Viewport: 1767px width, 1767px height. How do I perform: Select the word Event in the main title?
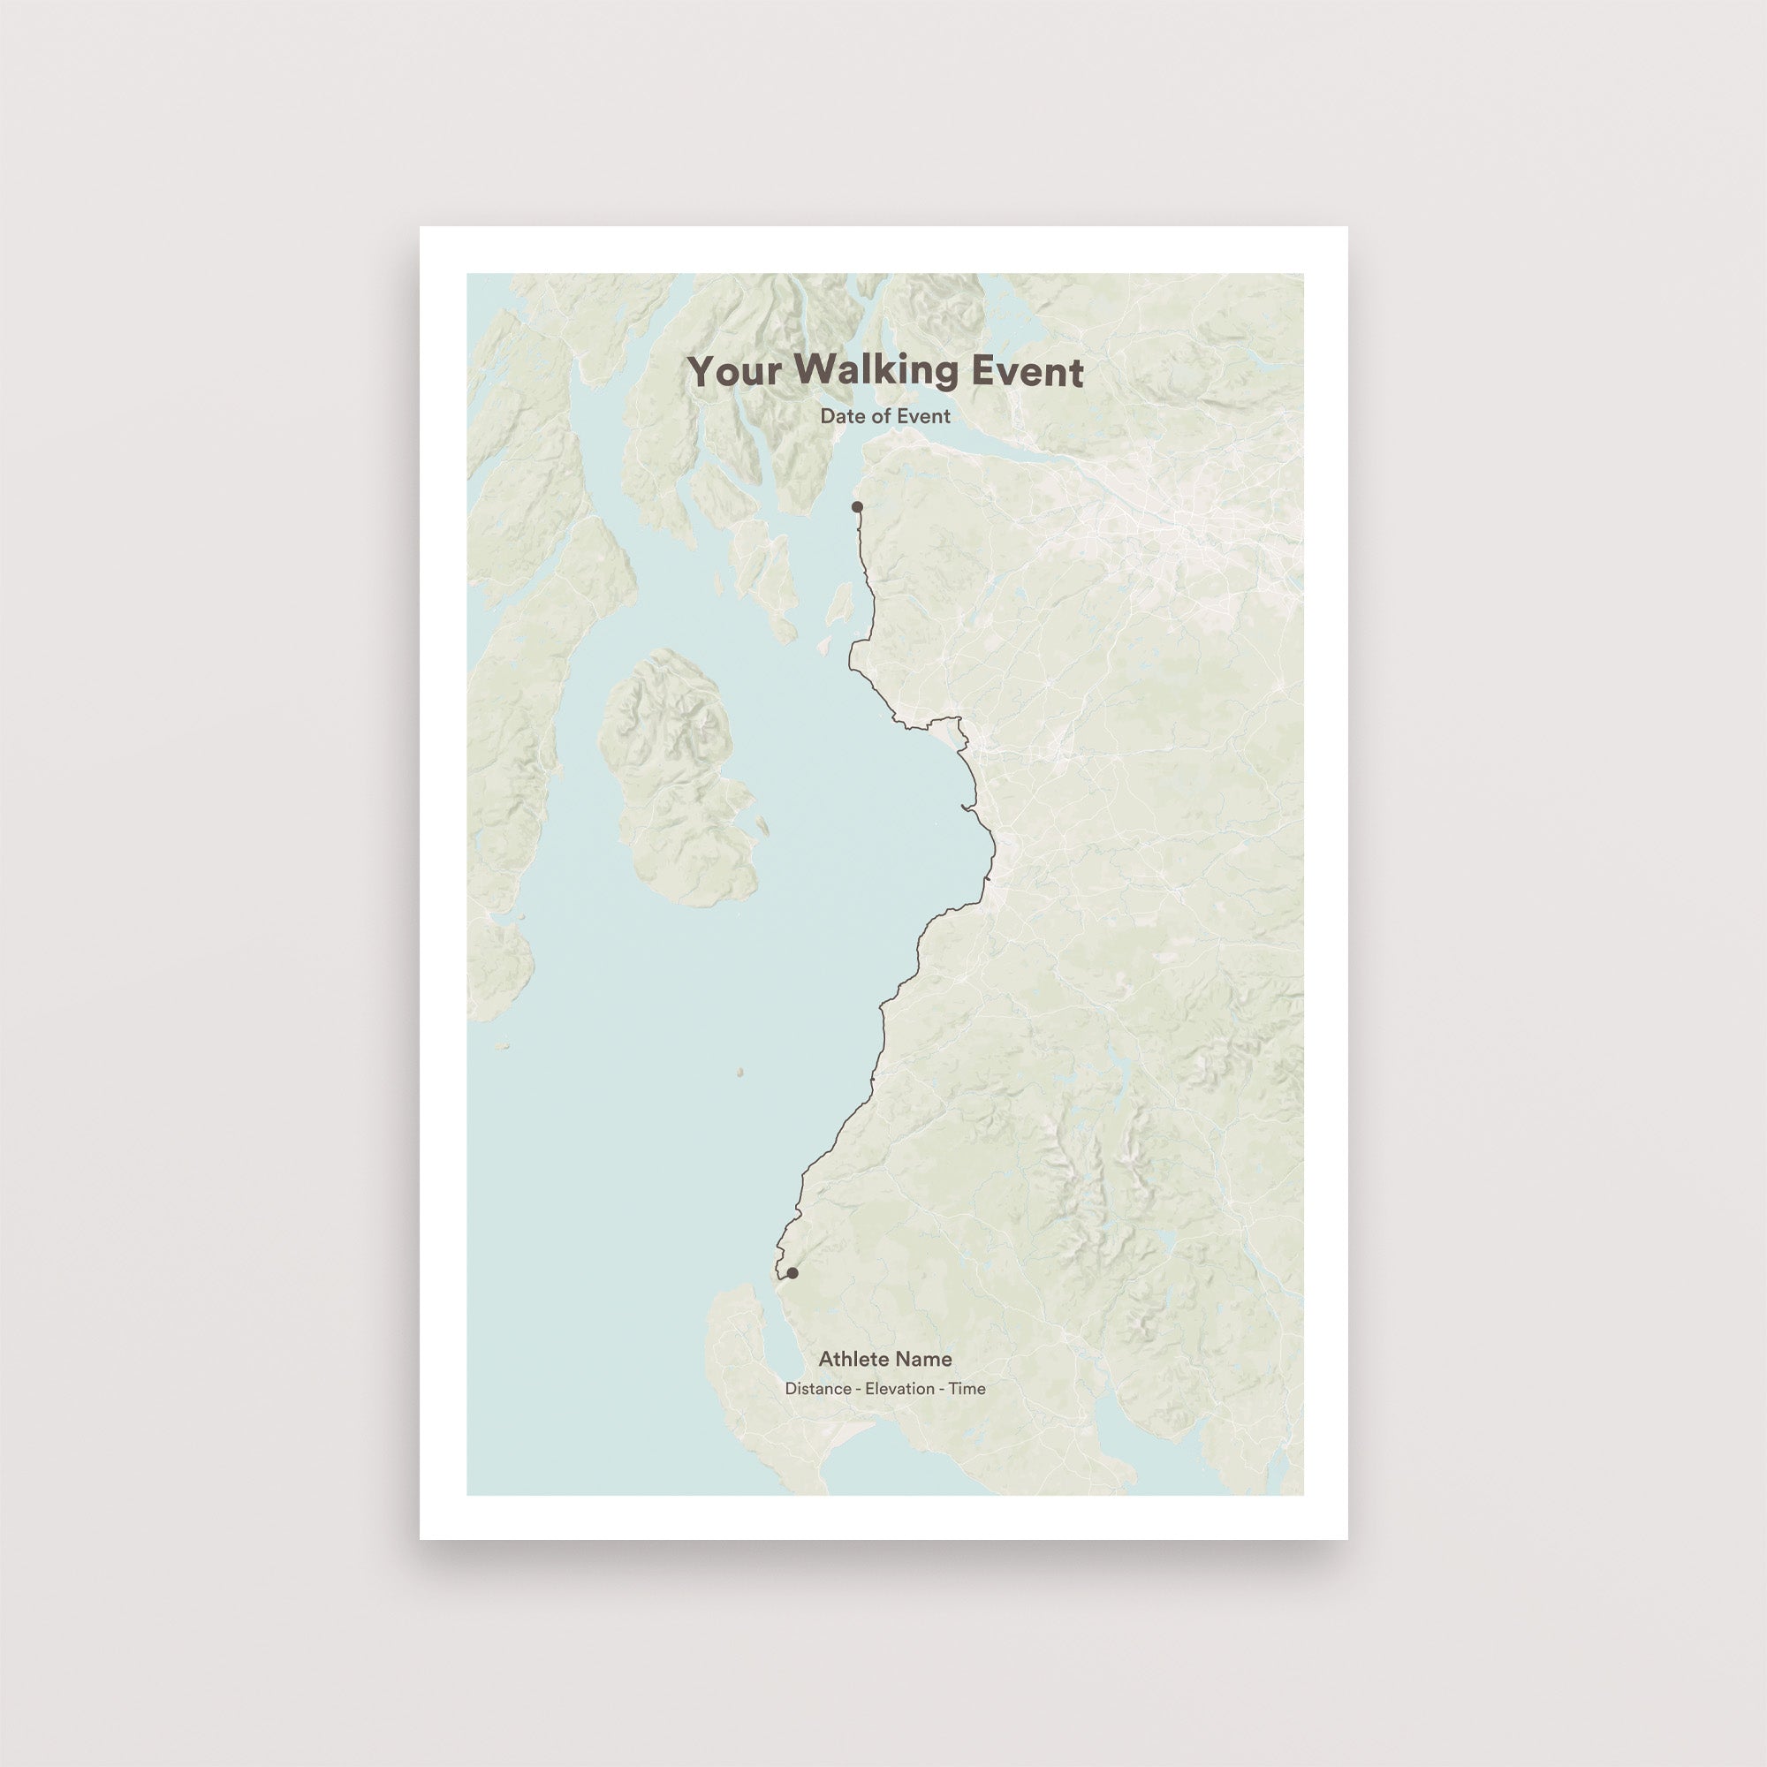(x=1028, y=372)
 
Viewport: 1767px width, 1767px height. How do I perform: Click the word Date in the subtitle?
(x=839, y=416)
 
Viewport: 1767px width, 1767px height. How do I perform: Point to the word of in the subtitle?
(x=874, y=416)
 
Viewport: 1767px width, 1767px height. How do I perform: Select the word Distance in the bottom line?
(x=816, y=1388)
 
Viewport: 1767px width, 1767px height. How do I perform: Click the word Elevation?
(x=899, y=1388)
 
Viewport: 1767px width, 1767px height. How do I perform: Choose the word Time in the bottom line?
(x=967, y=1388)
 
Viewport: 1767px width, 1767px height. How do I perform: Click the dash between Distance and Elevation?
(x=858, y=1389)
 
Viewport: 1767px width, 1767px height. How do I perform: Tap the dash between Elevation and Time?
(x=941, y=1389)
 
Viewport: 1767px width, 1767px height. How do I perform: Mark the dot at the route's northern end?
(x=857, y=506)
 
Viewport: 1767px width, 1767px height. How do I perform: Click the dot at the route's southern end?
(x=792, y=1273)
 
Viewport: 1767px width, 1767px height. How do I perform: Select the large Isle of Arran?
(x=677, y=777)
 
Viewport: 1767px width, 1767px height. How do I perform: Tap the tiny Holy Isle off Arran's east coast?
(x=762, y=825)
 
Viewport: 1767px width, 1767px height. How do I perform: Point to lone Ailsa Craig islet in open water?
(x=739, y=1072)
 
